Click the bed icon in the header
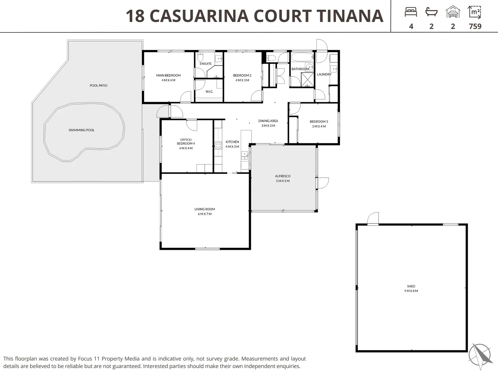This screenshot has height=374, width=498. [x=411, y=12]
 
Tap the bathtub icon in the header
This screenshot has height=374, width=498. [x=431, y=12]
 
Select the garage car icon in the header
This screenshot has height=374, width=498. [x=453, y=11]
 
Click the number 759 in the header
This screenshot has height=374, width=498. [x=475, y=26]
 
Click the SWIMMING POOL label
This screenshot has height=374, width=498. [x=82, y=130]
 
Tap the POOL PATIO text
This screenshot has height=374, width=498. [x=99, y=86]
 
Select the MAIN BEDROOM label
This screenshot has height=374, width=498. [x=168, y=75]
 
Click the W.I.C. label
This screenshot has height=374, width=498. [x=209, y=92]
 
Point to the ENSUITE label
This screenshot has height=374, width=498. [x=205, y=64]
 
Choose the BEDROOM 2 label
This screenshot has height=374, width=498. [x=242, y=75]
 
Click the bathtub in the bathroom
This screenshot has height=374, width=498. [x=302, y=57]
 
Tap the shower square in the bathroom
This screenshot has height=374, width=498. [x=307, y=80]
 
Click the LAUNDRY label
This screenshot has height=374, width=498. [x=324, y=74]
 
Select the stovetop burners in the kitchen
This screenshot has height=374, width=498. [x=218, y=145]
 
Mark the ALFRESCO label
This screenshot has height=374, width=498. [x=283, y=176]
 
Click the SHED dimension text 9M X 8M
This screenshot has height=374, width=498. [x=411, y=291]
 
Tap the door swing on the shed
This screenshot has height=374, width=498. [x=373, y=218]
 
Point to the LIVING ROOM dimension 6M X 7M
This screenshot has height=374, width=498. [x=205, y=214]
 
